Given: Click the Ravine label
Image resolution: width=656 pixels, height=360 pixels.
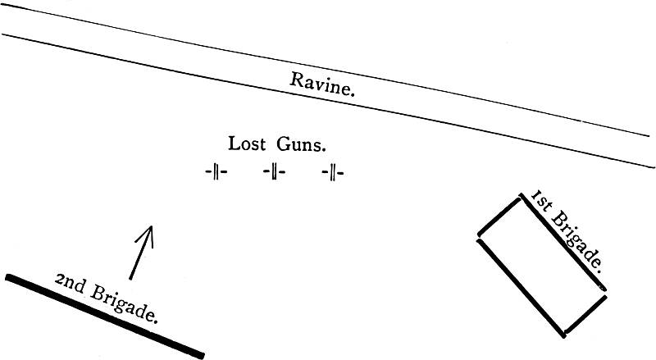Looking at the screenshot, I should coord(323,84).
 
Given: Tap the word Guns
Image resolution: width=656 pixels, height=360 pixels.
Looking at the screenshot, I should coord(300,145).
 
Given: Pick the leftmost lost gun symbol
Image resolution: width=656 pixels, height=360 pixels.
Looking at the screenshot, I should coord(216,172).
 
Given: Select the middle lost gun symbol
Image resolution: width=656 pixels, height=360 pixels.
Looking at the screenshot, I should coord(274,172).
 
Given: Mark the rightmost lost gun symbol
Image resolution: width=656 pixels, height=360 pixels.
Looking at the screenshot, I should coord(333,172).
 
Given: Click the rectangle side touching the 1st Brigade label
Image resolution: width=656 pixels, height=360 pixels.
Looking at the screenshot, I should coord(563,242).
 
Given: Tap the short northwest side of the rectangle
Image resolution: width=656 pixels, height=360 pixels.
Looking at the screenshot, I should coord(499,217).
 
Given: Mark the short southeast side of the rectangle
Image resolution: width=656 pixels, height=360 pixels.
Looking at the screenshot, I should coord(585,315).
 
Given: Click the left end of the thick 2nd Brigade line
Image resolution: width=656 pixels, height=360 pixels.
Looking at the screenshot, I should coord(9,277).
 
